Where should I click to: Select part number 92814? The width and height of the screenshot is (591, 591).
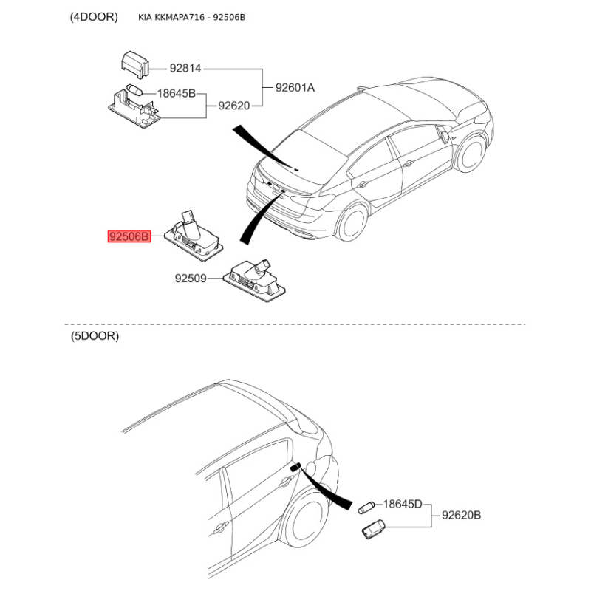click(185, 69)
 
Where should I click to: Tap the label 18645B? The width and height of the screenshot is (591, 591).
click(176, 94)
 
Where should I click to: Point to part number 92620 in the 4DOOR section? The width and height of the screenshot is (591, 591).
click(233, 106)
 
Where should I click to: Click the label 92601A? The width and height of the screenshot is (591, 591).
click(295, 87)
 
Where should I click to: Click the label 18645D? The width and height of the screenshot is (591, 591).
click(402, 505)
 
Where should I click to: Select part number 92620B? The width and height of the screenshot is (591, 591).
click(462, 515)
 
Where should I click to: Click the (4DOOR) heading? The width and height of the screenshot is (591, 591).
click(94, 17)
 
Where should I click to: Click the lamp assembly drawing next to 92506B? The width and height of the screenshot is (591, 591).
click(192, 233)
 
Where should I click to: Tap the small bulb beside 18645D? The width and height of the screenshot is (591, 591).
click(366, 507)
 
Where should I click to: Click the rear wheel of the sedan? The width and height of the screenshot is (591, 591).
click(352, 223)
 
